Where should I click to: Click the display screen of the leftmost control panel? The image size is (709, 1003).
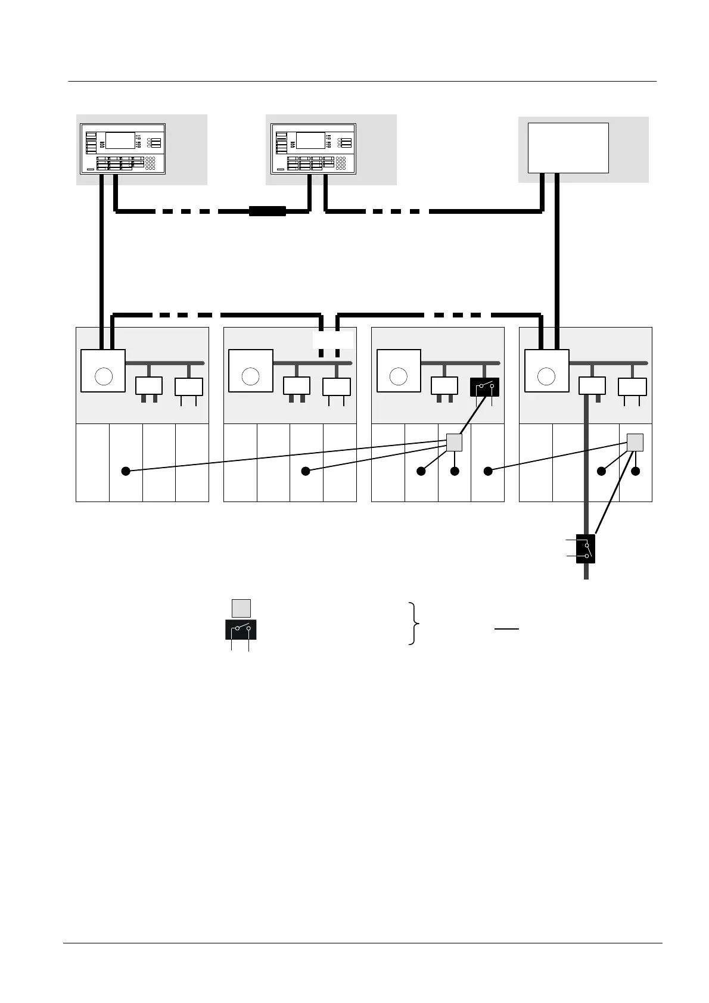120,141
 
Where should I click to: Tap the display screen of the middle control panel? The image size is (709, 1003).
310,141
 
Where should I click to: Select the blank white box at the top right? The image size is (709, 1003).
568,148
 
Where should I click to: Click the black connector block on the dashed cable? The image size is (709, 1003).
267,211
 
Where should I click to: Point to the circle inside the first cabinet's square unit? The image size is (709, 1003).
104,376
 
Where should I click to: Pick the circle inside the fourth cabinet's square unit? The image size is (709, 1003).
546,376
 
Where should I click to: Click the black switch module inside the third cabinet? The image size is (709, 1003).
484,387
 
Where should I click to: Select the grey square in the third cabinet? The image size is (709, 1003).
454,442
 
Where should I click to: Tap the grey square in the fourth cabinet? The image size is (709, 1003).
635,442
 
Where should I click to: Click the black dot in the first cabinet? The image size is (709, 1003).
125,471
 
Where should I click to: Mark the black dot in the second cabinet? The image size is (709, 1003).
306,471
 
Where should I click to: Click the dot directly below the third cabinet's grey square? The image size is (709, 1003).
455,471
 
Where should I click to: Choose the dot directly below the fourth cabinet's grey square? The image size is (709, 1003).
636,471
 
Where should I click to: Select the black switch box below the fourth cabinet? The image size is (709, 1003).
586,549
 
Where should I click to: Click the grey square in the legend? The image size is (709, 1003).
241,608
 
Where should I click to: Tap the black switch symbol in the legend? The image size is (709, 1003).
241,629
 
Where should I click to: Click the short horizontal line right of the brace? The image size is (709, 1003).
506,628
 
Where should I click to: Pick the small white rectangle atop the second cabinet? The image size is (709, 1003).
332,340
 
